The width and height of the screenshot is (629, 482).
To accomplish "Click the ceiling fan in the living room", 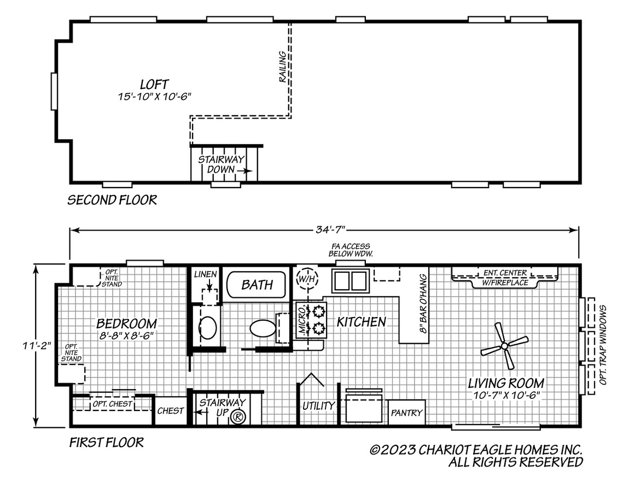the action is point(504,345).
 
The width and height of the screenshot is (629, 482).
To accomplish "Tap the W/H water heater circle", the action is point(307,278).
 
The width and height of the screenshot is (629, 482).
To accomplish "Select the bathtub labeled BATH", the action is point(257,285).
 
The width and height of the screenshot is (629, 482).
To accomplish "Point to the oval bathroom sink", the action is point(208,328).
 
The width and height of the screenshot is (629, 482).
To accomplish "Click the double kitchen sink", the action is point(350,281).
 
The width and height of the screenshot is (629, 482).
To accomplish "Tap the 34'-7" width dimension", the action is point(330,230).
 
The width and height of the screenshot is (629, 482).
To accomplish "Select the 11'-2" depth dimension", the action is point(37,345).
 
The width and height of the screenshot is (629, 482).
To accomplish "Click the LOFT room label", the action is point(154,84).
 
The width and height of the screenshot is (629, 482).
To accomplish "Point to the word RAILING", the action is point(283,67).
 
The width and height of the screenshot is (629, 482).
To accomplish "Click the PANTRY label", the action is point(406,413).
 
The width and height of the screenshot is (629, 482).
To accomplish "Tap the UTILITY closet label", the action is point(318,406).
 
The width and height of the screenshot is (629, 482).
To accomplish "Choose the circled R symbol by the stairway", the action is point(238,417).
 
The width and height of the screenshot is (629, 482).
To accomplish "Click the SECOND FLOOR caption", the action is point(112,200).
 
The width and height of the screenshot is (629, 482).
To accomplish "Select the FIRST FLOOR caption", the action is point(106,443).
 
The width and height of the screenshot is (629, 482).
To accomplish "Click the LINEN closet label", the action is point(205,274).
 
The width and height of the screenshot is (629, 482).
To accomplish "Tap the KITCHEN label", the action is point(361,322).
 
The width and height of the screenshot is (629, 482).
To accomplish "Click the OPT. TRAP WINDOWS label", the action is point(603,345).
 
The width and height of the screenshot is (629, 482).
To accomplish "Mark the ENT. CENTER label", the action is point(505,273).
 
